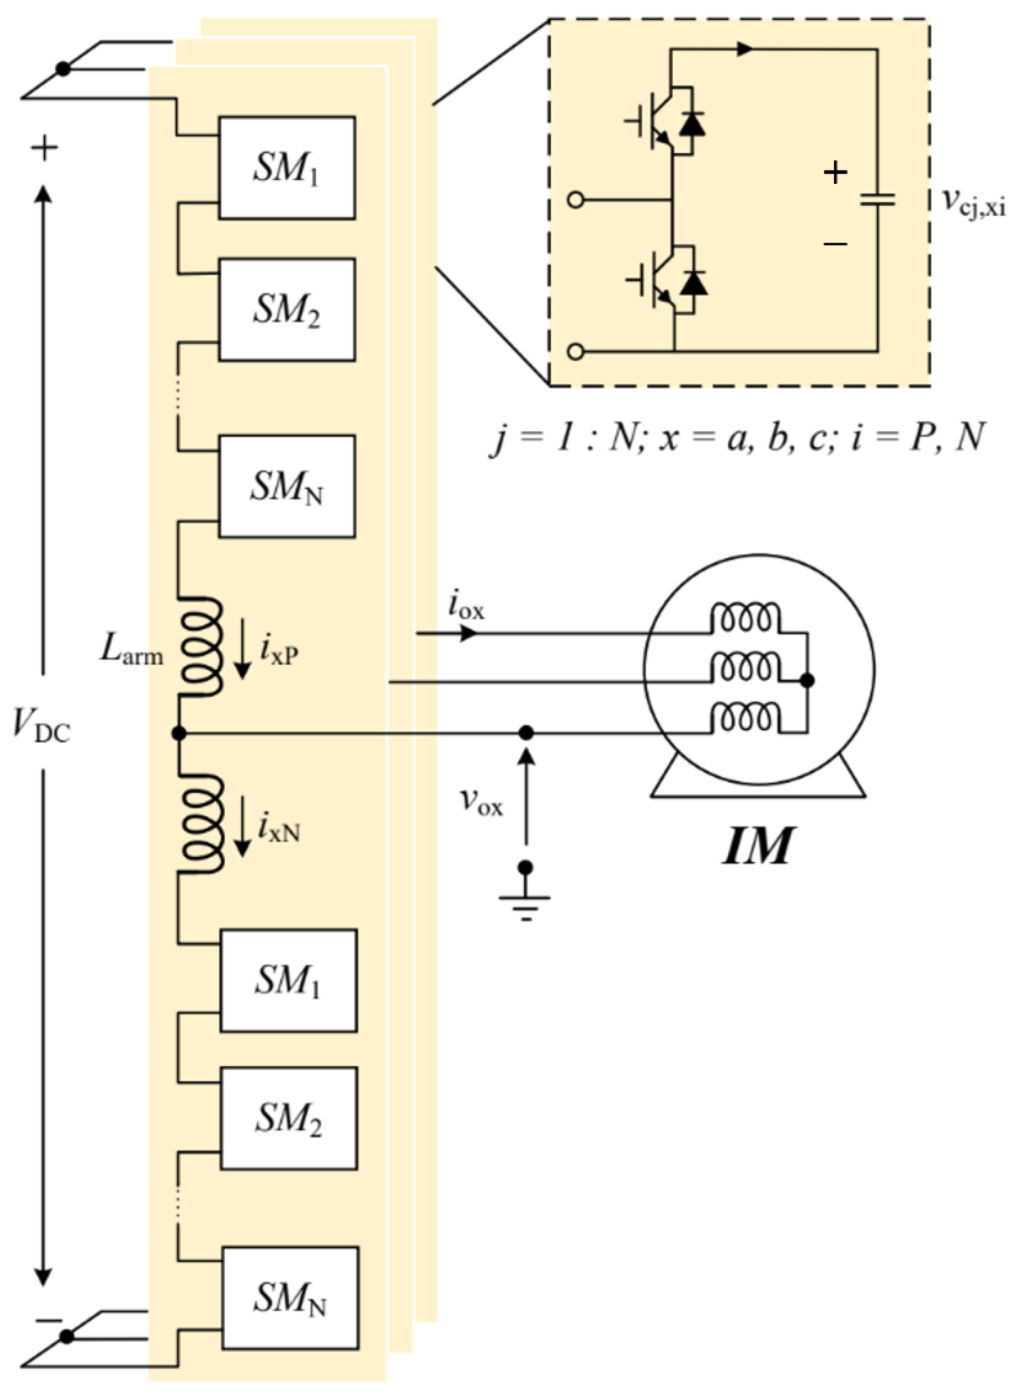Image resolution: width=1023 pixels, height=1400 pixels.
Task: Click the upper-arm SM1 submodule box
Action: click(x=286, y=168)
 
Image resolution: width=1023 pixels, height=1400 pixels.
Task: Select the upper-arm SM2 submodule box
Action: click(x=286, y=310)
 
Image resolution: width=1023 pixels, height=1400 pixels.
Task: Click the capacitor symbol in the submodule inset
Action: click(x=877, y=200)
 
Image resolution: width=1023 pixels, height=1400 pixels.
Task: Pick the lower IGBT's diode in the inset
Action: click(x=693, y=283)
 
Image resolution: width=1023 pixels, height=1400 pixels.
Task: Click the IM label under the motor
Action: click(x=757, y=846)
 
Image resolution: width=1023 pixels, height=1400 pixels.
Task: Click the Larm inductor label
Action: click(x=132, y=650)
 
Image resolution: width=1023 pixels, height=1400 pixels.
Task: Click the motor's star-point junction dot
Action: click(x=807, y=680)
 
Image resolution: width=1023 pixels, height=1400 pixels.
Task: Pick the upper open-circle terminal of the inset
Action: click(x=576, y=200)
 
